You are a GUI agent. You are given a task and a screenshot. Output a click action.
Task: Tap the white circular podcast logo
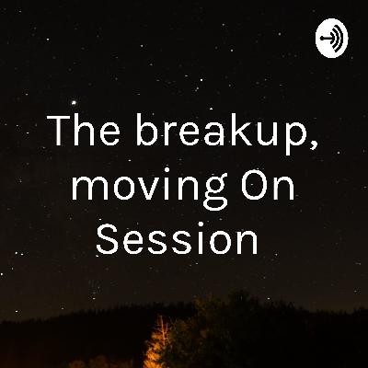[330, 40]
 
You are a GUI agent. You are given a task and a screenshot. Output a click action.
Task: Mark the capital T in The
[58, 133]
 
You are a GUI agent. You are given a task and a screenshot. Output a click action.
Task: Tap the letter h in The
[81, 133]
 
